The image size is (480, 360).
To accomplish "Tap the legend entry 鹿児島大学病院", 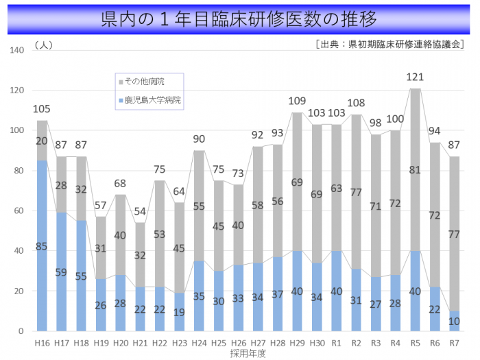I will click(152, 100).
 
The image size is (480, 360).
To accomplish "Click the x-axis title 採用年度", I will click(248, 353).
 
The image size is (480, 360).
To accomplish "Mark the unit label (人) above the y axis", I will click(42, 45).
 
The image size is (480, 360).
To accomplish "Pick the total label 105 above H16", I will click(42, 108).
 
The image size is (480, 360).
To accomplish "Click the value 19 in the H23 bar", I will click(180, 312).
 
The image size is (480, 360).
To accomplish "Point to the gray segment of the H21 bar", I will click(141, 254).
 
